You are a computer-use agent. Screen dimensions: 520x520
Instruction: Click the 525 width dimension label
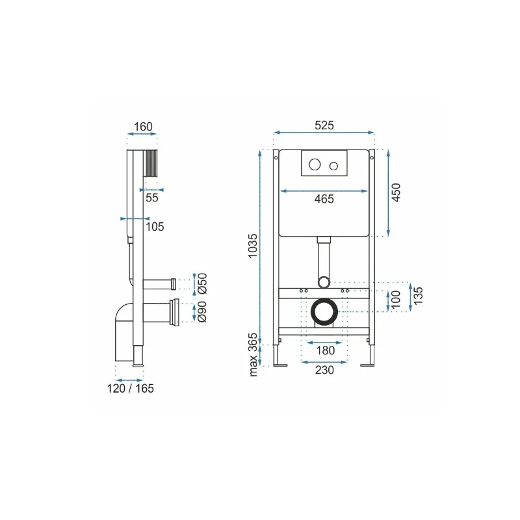(324, 125)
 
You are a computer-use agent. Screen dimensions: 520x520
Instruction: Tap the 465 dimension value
(324, 199)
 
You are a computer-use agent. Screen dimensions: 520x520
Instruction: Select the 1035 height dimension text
(253, 246)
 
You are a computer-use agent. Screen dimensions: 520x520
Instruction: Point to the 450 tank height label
(396, 192)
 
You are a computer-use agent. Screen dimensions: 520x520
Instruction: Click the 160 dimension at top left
(143, 126)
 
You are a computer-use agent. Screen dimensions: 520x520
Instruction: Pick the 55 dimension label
(152, 198)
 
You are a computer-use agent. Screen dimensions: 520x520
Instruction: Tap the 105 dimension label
(155, 226)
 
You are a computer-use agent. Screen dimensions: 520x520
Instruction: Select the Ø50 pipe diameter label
(202, 283)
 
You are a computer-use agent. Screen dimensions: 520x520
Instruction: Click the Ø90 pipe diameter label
(202, 311)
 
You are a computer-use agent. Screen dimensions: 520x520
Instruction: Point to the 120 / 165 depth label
(131, 388)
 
